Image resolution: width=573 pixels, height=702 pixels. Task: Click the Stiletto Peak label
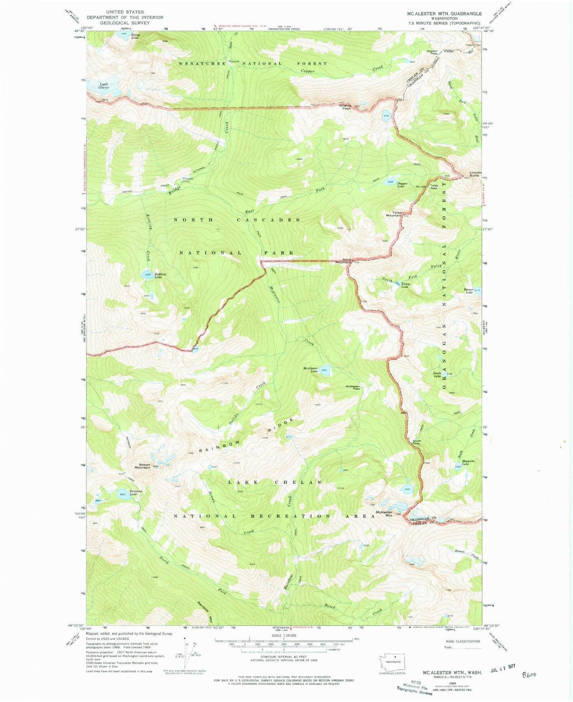coord(345,106)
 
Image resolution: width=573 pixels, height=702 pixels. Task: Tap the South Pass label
coord(417,442)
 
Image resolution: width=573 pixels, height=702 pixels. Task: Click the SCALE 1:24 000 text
coord(283,635)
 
